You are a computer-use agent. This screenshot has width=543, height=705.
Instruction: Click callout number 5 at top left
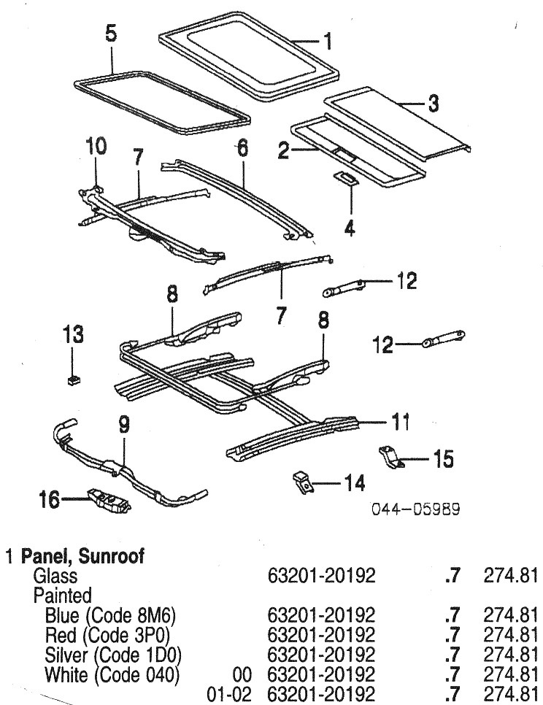111,34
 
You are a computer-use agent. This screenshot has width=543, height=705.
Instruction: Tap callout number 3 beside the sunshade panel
433,104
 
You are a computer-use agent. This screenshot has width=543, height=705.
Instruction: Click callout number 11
401,422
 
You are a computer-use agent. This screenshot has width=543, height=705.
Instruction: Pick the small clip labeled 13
73,379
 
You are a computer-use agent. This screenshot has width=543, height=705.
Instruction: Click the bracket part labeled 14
301,480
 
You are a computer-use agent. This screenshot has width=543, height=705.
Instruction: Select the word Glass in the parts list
55,576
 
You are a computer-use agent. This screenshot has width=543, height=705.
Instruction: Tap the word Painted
62,594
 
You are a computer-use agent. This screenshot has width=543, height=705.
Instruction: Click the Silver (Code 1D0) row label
113,651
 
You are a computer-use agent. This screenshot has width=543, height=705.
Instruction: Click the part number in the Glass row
322,576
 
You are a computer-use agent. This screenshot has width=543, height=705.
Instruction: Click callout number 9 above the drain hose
123,424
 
